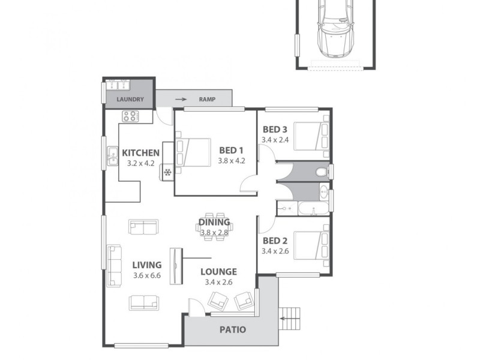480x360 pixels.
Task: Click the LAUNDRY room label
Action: [x=130, y=100]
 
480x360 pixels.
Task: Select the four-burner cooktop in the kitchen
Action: [x=130, y=116]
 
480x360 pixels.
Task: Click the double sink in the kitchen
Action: [x=112, y=157]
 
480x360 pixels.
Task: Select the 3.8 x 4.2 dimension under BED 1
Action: [x=232, y=161]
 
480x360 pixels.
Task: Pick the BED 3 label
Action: [x=275, y=130]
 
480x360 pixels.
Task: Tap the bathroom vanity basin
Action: [x=324, y=193]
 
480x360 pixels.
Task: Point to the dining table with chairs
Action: [x=214, y=227]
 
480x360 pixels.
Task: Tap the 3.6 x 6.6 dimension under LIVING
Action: [x=146, y=275]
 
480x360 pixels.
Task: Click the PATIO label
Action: [x=232, y=329]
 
